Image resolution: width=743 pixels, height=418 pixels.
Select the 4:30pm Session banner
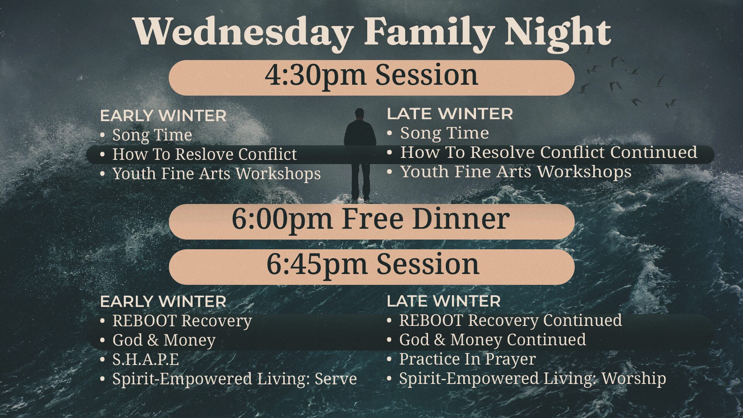coord(371,77)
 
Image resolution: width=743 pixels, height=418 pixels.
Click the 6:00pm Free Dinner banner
coord(371,221)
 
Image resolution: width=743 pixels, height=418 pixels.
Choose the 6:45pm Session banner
coord(371,267)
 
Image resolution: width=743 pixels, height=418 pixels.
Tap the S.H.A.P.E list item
coord(146,359)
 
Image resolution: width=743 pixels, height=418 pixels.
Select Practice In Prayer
coord(467,359)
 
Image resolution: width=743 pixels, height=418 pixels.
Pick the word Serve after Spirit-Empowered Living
coord(336,379)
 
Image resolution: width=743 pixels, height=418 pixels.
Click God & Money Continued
coord(492,339)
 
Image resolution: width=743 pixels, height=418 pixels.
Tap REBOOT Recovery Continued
coord(510,320)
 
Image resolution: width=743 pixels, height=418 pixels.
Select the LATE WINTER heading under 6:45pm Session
coord(443,301)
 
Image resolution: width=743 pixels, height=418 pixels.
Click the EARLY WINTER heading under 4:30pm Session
coord(163,116)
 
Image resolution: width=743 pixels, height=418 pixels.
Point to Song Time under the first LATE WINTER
coord(444,133)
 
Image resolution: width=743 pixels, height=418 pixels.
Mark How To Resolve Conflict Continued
coord(549,152)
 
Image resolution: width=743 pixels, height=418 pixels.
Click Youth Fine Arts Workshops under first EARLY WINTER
coord(216,173)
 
